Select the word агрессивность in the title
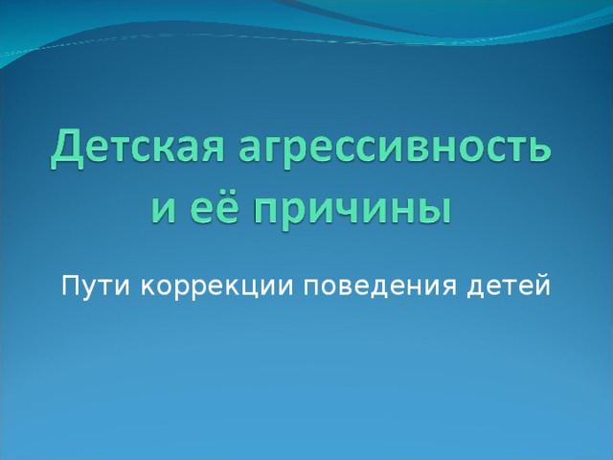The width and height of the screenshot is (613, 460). (x=393, y=150)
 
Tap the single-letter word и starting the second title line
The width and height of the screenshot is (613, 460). (x=160, y=205)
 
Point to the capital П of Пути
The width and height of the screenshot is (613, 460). (x=69, y=286)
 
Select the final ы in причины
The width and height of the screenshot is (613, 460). (x=433, y=207)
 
